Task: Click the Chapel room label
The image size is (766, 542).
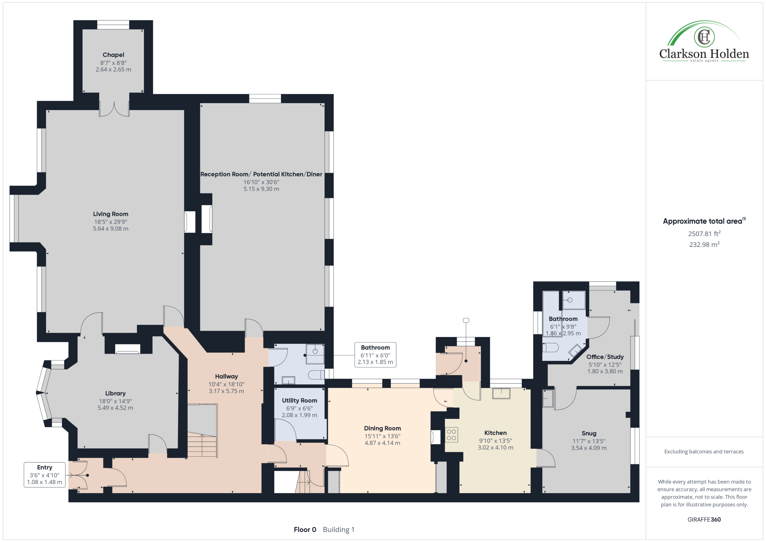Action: click(113, 55)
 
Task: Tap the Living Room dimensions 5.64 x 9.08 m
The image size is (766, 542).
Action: click(110, 229)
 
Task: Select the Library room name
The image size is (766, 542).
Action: click(115, 393)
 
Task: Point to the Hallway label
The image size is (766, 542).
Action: click(226, 376)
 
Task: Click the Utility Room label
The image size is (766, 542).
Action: click(299, 400)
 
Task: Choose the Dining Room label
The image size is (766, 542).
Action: click(382, 428)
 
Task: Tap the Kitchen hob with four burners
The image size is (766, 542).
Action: click(452, 435)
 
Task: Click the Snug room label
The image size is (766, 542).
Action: click(589, 433)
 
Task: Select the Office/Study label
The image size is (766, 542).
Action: click(605, 357)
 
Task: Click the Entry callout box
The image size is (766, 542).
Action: click(45, 475)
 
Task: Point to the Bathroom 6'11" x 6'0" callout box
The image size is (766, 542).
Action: click(375, 355)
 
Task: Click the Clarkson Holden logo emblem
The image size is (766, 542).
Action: click(704, 37)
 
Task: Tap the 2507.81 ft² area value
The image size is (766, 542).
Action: click(704, 234)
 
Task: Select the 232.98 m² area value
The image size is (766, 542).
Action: click(704, 244)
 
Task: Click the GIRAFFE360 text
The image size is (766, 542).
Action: click(704, 519)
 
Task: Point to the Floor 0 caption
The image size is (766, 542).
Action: click(305, 530)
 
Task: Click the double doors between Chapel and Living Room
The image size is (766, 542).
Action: click(114, 109)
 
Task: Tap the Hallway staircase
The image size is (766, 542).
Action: click(202, 431)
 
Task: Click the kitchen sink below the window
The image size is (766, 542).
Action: click(501, 394)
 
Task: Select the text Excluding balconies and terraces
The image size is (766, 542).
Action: click(704, 452)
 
